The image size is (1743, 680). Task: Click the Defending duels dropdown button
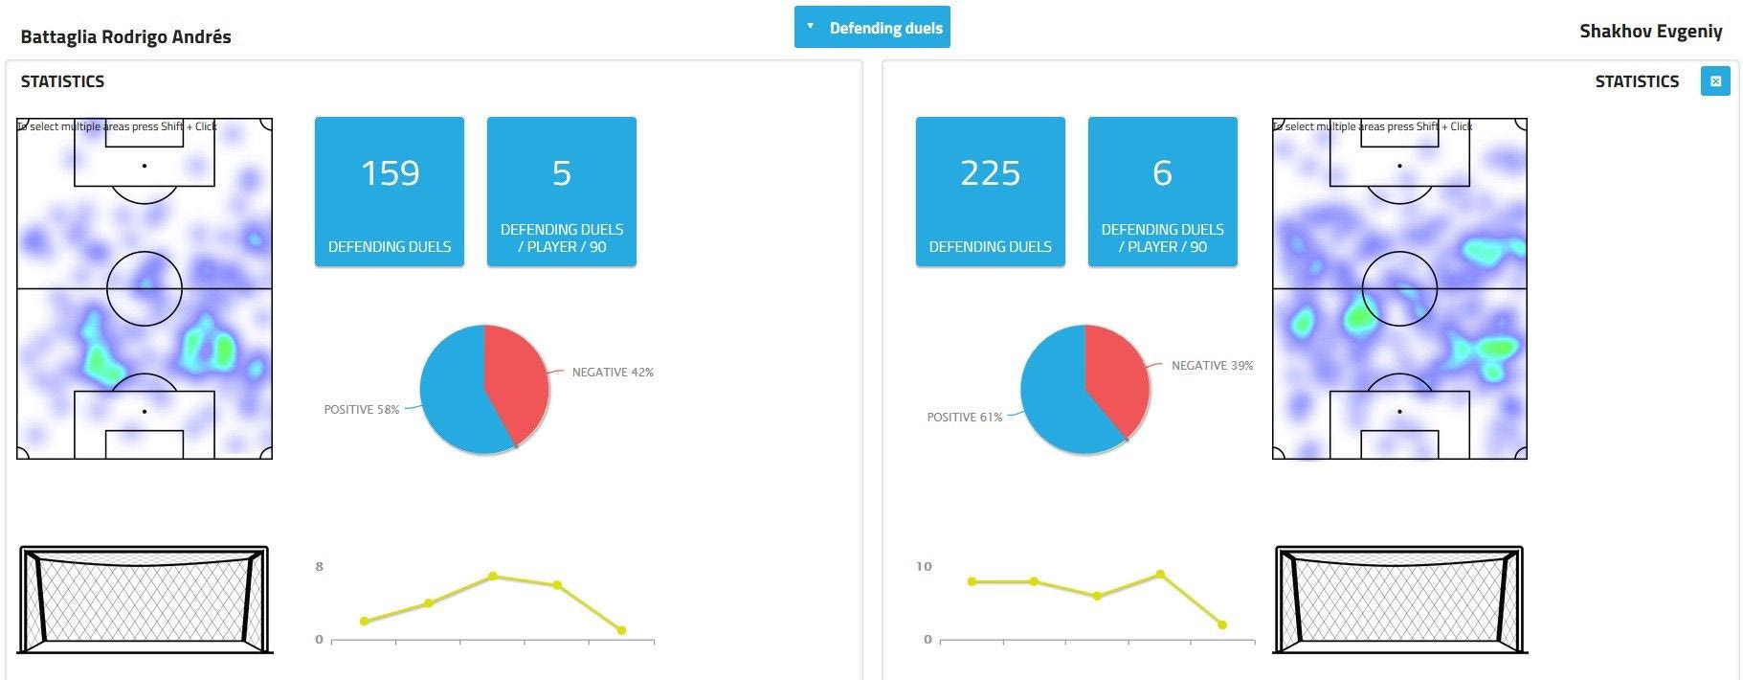coord(872,28)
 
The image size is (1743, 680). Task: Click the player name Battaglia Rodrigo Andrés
coord(125,37)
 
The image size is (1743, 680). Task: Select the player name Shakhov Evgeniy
coord(1650,32)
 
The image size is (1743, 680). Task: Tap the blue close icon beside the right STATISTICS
coord(1714,81)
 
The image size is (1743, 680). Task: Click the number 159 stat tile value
coord(390,173)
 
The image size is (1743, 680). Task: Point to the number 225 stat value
coord(990,173)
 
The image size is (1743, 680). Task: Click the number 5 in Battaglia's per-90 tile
coord(561,173)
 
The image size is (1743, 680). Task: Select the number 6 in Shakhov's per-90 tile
coord(1162,173)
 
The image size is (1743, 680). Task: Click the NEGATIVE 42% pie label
coord(613,373)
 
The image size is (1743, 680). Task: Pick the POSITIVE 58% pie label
coord(362,410)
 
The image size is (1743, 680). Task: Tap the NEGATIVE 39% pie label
coord(1212,366)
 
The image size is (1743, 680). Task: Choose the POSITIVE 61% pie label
coord(964,418)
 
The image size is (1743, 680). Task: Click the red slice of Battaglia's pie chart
coord(516,378)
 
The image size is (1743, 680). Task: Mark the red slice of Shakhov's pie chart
coord(1116,376)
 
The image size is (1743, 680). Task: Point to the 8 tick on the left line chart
coord(320,567)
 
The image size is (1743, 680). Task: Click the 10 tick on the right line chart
coord(923,567)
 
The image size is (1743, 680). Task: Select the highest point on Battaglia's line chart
coord(493,576)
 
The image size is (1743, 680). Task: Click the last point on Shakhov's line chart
coord(1222,624)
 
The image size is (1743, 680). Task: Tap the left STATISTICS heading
coord(63,81)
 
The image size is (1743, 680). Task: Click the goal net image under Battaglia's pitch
coord(145,600)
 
